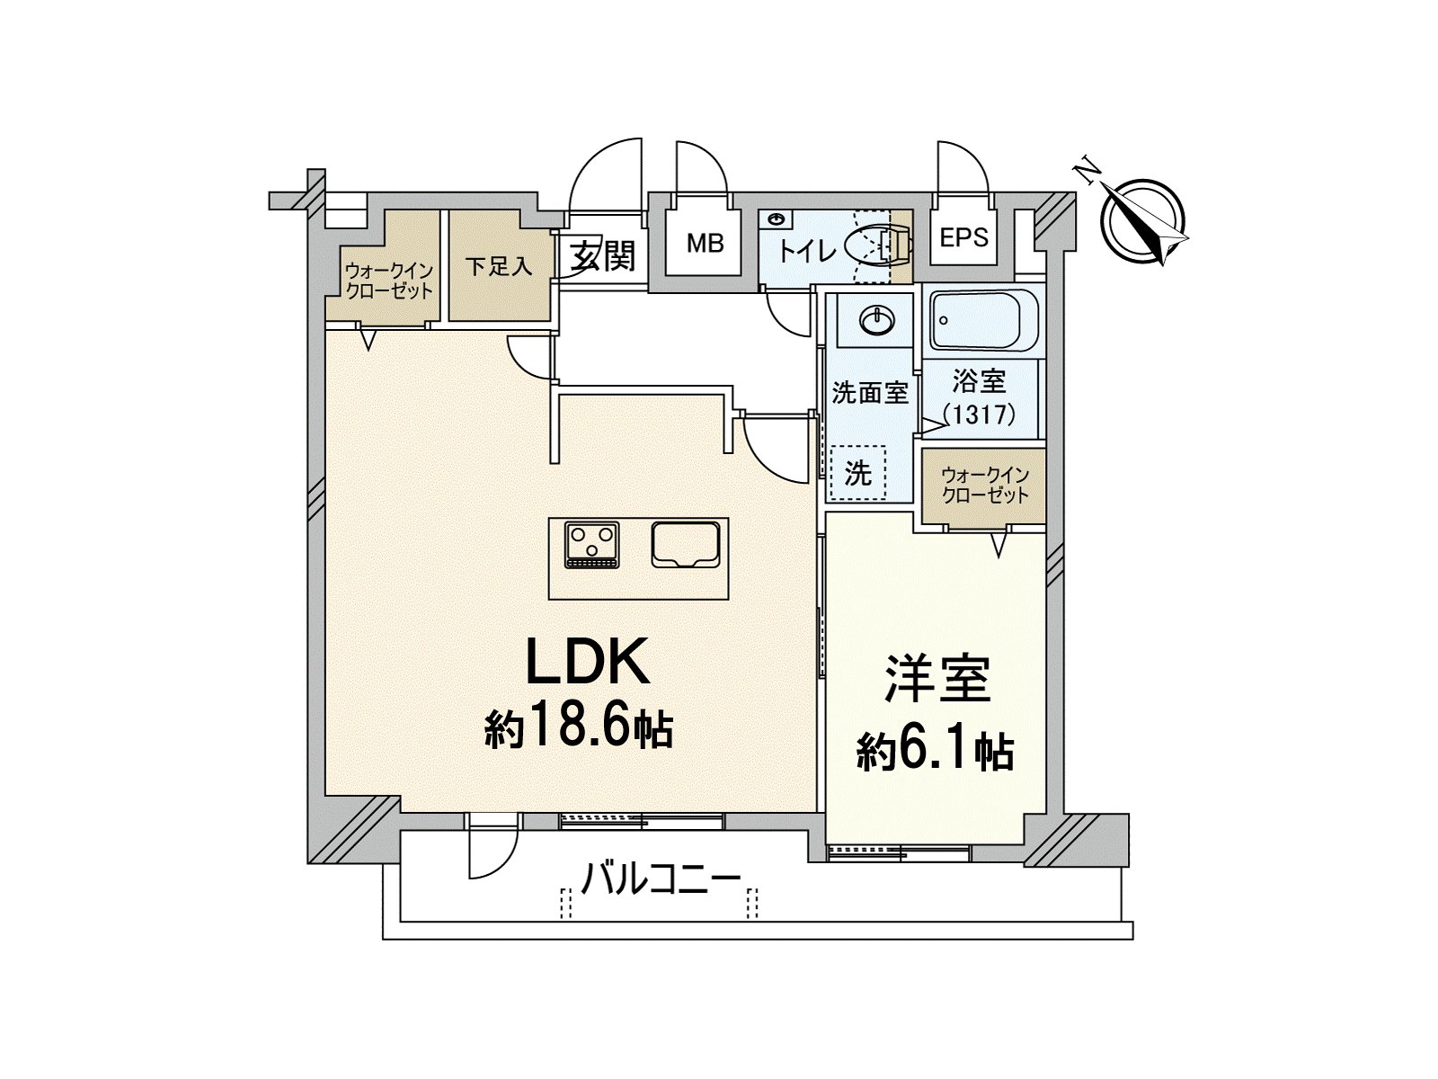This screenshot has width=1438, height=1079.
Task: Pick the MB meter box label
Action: coord(705,244)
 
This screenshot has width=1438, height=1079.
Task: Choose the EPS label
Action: coord(963,237)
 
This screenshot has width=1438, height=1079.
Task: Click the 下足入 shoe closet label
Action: coord(499,267)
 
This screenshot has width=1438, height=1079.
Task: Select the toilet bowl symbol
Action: coord(877,246)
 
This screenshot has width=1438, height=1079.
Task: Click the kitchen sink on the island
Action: coord(685,544)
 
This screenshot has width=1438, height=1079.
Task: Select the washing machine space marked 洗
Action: coord(857,474)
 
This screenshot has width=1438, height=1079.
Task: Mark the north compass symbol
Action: coord(1141,221)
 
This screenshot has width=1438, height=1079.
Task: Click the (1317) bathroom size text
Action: coord(980,414)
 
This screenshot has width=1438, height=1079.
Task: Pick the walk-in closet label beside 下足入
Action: coord(389,281)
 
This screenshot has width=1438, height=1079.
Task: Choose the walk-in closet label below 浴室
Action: coord(985,485)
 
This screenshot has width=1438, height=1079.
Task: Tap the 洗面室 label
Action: coord(870,393)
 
